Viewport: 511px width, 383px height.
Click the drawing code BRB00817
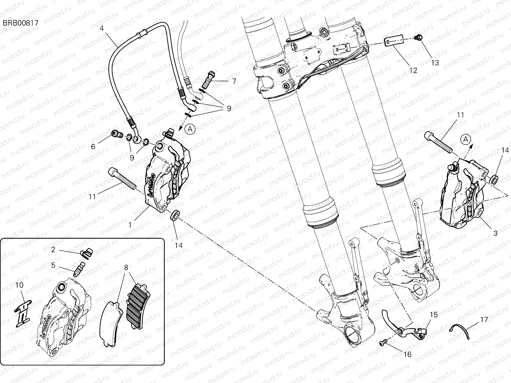point(21,23)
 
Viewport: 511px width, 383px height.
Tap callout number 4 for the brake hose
point(102,28)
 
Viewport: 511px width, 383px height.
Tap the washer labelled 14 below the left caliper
point(175,215)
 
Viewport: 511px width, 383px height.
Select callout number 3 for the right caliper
point(495,233)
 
